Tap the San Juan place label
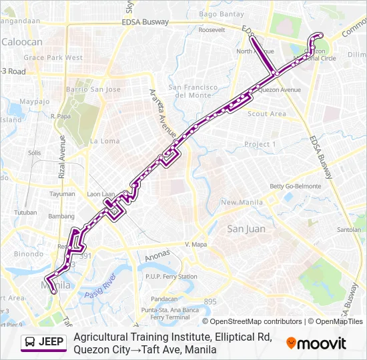tap(246, 229)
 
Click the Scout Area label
tap(266, 114)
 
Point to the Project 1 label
tap(260, 144)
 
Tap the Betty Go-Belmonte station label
tap(295, 186)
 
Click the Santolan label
tap(349, 229)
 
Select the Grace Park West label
tap(53, 58)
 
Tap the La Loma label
tap(105, 141)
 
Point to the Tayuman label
tap(63, 194)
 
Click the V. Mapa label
tap(197, 244)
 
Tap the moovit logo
tap(316, 343)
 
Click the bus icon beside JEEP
tap(30, 343)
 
